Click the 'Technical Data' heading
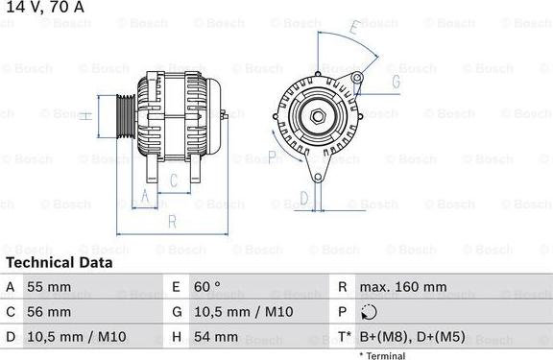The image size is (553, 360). [x=59, y=262]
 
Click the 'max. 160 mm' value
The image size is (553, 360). [x=402, y=287]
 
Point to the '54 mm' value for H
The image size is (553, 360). [x=218, y=337]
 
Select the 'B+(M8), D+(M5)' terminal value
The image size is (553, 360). [x=410, y=337]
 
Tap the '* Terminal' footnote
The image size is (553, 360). [x=382, y=355]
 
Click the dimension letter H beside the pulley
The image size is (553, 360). [x=84, y=116]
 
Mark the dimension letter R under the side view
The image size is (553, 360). [x=171, y=222]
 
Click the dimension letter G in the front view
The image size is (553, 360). [x=396, y=83]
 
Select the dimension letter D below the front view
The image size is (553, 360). [x=303, y=199]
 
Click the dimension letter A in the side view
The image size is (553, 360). [x=145, y=197]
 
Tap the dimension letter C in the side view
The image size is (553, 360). [x=174, y=180]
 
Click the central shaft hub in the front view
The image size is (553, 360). [x=316, y=117]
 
